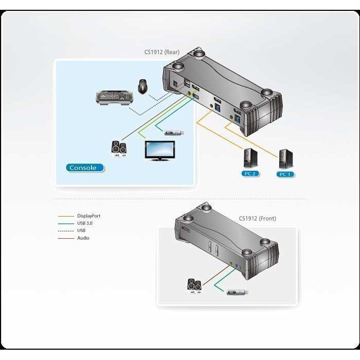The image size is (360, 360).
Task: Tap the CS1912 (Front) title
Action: coord(257,218)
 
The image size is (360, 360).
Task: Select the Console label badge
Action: coord(85,167)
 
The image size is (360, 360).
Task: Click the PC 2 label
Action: coord(250,173)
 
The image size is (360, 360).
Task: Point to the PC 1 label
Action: coord(286,174)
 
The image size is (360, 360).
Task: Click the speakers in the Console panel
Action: coord(119,148)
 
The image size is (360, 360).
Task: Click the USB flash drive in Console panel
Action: coord(174,132)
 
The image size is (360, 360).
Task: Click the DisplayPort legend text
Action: coord(88,216)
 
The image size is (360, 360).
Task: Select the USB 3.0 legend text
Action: coord(85,223)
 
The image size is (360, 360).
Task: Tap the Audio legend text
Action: coord(83,238)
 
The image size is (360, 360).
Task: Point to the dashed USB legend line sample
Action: coord(66,230)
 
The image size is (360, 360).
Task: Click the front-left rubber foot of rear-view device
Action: coord(177,67)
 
